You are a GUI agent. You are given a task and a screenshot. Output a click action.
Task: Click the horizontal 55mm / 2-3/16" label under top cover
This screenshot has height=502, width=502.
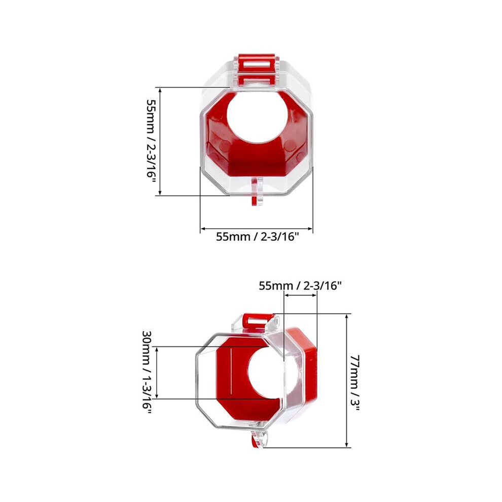pos(258,237)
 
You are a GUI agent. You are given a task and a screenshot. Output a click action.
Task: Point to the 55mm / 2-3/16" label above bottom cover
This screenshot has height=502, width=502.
pos(300,285)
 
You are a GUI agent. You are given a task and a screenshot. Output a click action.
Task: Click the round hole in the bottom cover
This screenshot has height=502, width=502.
pos(266,373)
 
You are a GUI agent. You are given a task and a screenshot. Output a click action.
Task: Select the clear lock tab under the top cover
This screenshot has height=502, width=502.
pos(257,191)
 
